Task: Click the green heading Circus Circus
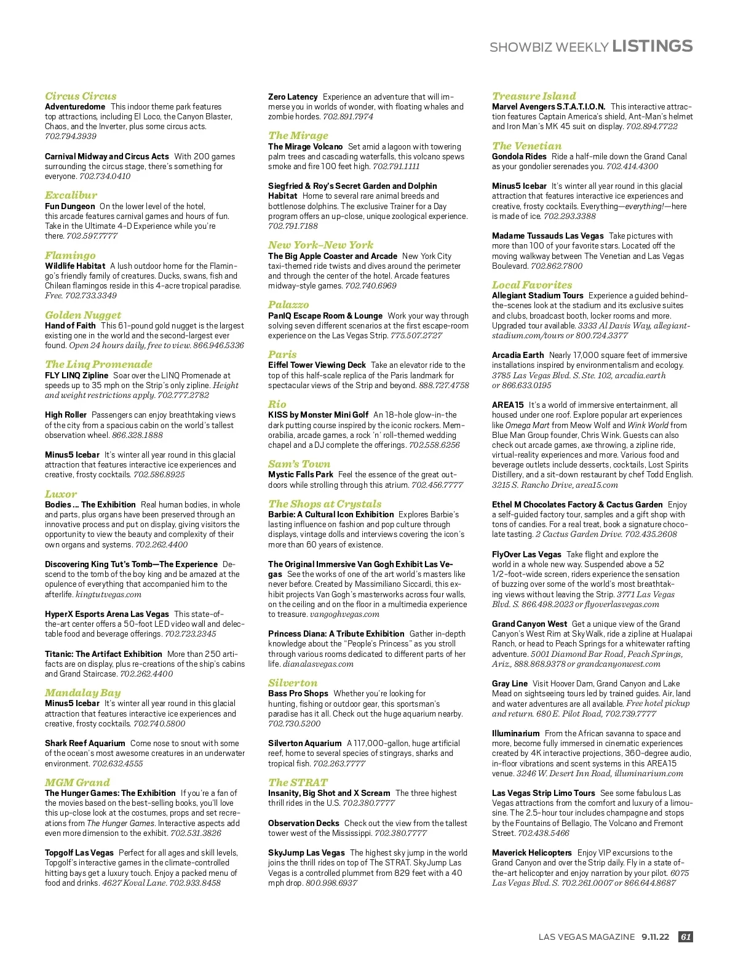pos(81,96)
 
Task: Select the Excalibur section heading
pos(71,195)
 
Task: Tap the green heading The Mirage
pos(298,135)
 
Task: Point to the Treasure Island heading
pos(534,96)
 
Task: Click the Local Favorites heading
pos(532,285)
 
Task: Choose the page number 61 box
pos(686,937)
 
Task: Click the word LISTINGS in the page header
pos(653,46)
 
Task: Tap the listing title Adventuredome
pos(75,106)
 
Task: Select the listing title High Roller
pos(65,415)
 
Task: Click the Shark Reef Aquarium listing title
pos(85,743)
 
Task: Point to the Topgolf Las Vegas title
pos(79,853)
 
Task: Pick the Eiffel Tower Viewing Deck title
pos(317,365)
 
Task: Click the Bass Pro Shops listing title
pos(298,693)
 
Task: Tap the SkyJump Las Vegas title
pos(306,853)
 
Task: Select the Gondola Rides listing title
pos(519,156)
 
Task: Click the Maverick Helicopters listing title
pos(532,853)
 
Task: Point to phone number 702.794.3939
pos(71,136)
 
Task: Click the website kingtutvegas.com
pos(108,594)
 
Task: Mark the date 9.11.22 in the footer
pos(655,937)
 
